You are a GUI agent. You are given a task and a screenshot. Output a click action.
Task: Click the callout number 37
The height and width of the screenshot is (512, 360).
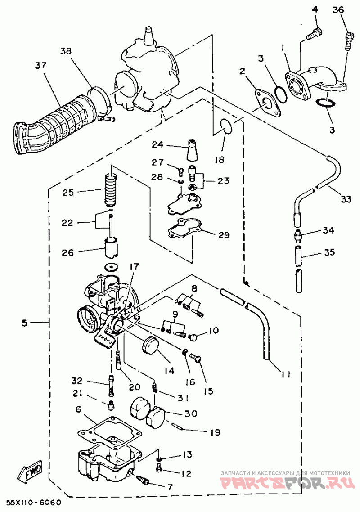pos(41,66)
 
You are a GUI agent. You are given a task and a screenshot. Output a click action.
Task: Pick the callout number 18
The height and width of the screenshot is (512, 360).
pos(220,160)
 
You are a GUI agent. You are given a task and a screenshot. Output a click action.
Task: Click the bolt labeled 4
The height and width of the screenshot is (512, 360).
pos(314,34)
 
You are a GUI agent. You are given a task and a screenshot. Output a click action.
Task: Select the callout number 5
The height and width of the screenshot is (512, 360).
pos(25,323)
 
